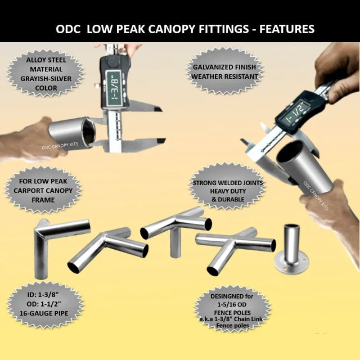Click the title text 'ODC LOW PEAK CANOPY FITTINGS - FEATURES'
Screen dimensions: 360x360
tap(185, 28)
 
